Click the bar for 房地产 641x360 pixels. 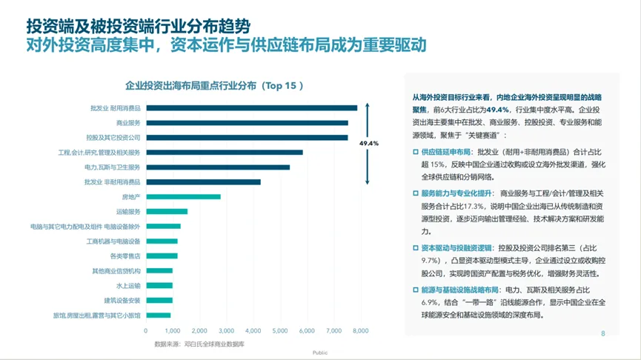pyautogui.click(x=183, y=196)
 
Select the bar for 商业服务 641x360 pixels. pyautogui.click(x=247, y=122)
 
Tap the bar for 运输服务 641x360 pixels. pyautogui.click(x=167, y=211)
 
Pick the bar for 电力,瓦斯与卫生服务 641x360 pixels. pyautogui.click(x=218, y=167)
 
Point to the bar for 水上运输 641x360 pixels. pyautogui.click(x=159, y=285)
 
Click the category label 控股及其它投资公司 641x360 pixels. pyautogui.click(x=113, y=137)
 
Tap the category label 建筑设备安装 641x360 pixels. pyautogui.click(x=122, y=300)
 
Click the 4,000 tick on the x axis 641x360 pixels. pyautogui.click(x=253, y=330)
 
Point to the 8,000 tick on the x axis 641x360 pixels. pyautogui.click(x=360, y=330)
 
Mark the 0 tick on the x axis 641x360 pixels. pyautogui.click(x=146, y=330)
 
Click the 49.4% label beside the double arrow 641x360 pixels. pyautogui.click(x=369, y=143)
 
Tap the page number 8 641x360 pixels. pyautogui.click(x=602, y=333)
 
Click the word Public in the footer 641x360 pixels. pyautogui.click(x=320, y=353)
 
